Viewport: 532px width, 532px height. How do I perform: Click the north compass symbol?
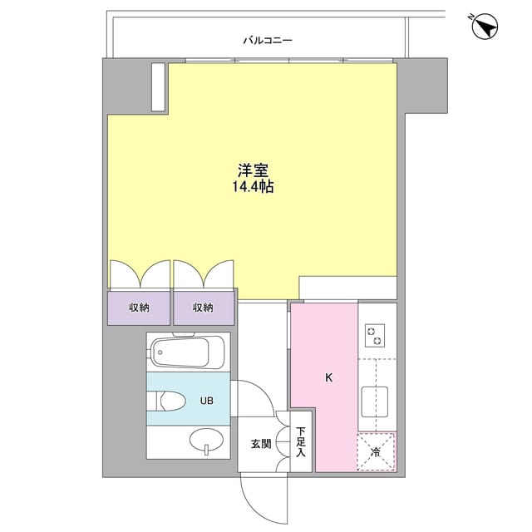[x=484, y=27]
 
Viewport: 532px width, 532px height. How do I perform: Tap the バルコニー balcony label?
[x=268, y=39]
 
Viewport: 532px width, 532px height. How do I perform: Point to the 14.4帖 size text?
[x=254, y=188]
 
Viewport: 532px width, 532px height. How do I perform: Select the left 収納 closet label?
[x=139, y=308]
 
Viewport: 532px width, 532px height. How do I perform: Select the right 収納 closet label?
[x=203, y=308]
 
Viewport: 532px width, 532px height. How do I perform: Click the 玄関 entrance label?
[x=260, y=444]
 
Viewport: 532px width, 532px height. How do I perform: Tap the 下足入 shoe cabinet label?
[x=300, y=443]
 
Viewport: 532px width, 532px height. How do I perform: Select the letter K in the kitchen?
[x=328, y=378]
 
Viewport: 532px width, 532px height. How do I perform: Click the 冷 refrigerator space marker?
[x=377, y=452]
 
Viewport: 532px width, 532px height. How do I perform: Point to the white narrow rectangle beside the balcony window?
[x=158, y=86]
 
